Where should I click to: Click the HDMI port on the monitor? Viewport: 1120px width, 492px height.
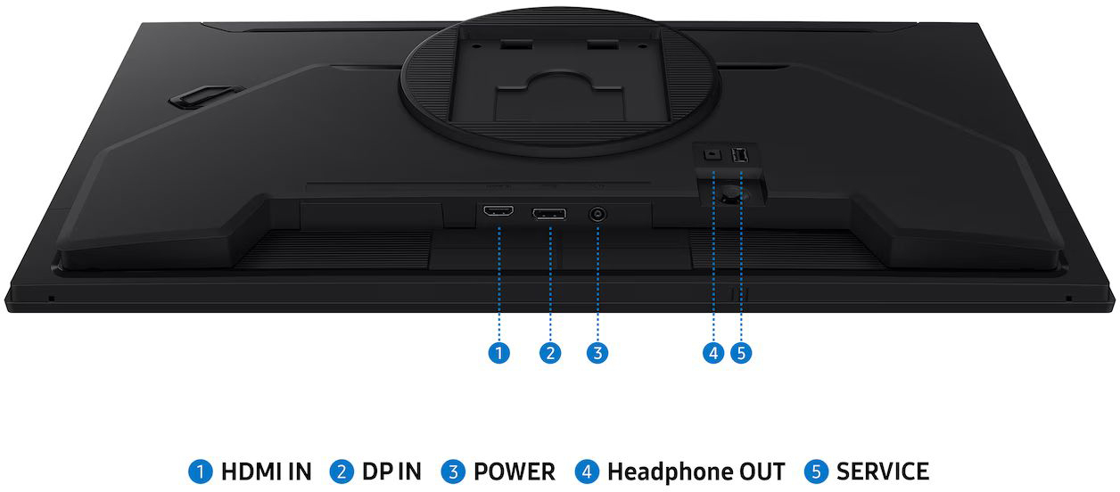(x=498, y=211)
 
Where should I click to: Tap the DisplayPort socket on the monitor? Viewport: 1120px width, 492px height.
(x=549, y=214)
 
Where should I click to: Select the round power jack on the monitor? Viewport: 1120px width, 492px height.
(x=597, y=215)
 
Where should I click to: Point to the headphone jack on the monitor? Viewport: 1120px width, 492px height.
(x=712, y=155)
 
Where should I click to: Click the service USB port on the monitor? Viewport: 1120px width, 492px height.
(x=740, y=155)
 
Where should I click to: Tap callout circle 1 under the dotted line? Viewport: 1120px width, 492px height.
(x=499, y=353)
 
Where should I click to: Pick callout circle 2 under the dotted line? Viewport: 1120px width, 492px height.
(x=550, y=353)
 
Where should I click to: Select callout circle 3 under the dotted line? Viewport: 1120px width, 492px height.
(x=597, y=353)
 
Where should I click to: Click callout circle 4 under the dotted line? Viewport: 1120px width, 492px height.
(x=713, y=353)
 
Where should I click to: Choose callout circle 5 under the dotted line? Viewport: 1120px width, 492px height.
(x=741, y=353)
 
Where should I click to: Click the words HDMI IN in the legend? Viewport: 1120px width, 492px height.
(x=266, y=471)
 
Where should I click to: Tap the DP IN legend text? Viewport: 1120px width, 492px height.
(x=391, y=471)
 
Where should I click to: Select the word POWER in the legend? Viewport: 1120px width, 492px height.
(x=514, y=471)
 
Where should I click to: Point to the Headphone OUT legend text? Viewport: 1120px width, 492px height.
(x=696, y=472)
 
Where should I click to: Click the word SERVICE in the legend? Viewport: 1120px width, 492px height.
(x=883, y=471)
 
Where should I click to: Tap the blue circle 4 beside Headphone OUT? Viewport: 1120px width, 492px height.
(x=587, y=472)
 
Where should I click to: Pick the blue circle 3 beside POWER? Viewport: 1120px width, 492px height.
(x=453, y=472)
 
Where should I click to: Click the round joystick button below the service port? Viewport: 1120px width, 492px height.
(x=731, y=193)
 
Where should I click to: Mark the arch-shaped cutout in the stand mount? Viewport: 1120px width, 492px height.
(x=559, y=79)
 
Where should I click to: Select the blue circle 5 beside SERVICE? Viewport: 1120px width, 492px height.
(x=816, y=472)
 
